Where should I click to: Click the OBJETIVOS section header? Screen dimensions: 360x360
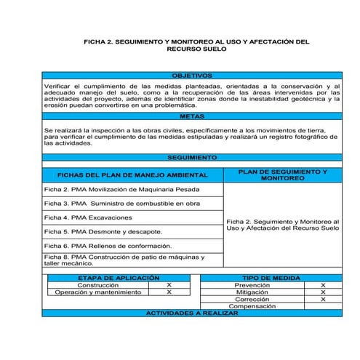coord(191,76)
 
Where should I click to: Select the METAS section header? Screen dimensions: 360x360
coord(191,116)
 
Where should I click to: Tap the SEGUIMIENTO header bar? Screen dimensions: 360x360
coord(191,157)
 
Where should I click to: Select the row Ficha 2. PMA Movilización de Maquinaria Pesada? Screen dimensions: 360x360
coord(122,189)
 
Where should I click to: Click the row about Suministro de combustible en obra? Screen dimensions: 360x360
coord(122,204)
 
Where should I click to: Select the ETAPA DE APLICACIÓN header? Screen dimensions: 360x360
coord(118,278)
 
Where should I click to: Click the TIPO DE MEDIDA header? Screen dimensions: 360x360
coord(271,278)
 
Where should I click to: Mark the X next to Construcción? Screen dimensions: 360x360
coord(169,285)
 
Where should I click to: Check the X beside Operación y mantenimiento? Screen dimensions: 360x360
coord(169,292)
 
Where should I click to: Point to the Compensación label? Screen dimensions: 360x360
coord(252,307)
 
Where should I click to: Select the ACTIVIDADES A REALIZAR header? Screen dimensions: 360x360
coord(191,313)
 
